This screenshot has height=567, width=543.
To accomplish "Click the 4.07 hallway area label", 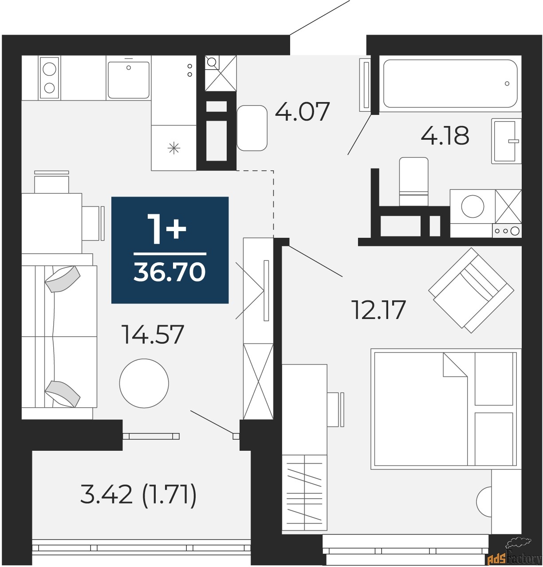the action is coord(302,111).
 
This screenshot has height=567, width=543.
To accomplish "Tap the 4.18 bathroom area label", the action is coord(445,135).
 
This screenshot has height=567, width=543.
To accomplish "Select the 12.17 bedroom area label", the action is coord(378,310).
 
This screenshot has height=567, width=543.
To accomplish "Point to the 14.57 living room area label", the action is coord(153,335).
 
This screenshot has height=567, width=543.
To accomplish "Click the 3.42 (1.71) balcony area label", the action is coord(138,494).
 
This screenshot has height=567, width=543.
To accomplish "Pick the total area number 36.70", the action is coord(170,271).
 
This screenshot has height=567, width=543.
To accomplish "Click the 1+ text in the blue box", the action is coord(166,229).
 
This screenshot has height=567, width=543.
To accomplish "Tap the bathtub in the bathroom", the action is coord(450,83).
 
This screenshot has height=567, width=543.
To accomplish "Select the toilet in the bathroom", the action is coord(413,181).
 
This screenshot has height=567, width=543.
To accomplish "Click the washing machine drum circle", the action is coord(472,206).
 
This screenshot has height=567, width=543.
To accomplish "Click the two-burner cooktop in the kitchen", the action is coord(49,78).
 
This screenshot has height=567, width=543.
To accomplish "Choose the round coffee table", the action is coord(144,383).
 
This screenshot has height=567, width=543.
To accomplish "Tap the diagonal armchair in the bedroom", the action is coord(471,291).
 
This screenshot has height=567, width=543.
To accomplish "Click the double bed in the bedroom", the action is coord(446,409).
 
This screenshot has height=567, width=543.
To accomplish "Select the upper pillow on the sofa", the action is coord(63,279).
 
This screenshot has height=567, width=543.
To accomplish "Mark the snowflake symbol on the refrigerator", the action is coord(173,148).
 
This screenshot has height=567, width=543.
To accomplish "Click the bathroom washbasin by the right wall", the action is coord(506,141).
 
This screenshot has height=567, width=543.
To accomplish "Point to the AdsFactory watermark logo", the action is coord(514,553).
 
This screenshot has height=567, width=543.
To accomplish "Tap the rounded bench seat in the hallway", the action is coord(252,128).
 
